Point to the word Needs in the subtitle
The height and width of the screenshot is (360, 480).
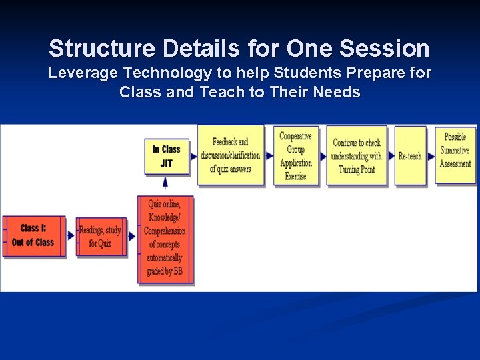(x=339, y=92)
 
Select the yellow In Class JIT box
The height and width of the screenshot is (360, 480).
(x=166, y=156)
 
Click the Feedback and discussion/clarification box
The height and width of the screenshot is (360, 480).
(x=231, y=155)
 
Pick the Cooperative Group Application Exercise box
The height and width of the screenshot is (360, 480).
(x=296, y=155)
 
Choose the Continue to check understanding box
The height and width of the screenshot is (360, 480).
(x=357, y=155)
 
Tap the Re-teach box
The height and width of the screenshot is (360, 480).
(x=410, y=155)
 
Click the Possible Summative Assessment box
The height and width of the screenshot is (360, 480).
(x=455, y=150)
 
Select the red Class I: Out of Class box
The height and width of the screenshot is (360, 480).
(x=33, y=235)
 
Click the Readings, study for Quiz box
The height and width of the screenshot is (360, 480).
(x=101, y=236)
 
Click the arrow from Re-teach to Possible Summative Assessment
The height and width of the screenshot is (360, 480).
(x=431, y=155)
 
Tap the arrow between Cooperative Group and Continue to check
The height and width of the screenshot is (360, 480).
(x=323, y=155)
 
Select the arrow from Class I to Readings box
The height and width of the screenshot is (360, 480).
(x=71, y=235)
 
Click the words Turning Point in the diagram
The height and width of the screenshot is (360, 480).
(x=357, y=169)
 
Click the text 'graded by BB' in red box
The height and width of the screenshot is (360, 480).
(x=165, y=271)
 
